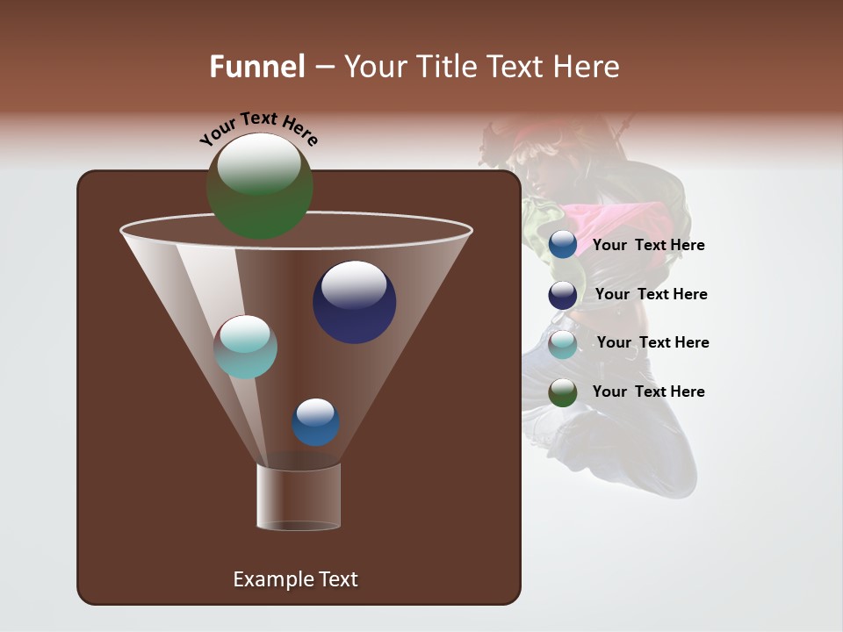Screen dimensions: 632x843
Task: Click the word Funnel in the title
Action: click(256, 67)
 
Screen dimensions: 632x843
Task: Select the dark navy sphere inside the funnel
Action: click(354, 302)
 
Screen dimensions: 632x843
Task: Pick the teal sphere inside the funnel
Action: click(246, 347)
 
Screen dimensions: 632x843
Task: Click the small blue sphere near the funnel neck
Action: click(315, 422)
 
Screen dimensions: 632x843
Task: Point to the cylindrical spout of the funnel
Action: click(299, 497)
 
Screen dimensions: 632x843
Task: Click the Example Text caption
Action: click(295, 579)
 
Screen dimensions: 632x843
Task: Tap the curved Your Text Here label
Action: click(259, 128)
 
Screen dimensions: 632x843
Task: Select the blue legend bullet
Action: click(563, 245)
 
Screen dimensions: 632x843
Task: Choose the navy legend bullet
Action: click(563, 295)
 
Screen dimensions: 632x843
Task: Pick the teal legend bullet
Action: click(563, 344)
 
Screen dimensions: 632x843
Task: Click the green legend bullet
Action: click(563, 392)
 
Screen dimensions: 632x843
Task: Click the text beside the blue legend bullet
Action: click(648, 246)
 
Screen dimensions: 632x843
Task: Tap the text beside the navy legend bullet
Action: click(651, 295)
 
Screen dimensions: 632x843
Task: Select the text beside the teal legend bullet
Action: click(652, 343)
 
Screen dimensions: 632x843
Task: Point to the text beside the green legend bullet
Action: click(648, 392)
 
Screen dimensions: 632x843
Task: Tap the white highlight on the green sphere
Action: click(259, 164)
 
